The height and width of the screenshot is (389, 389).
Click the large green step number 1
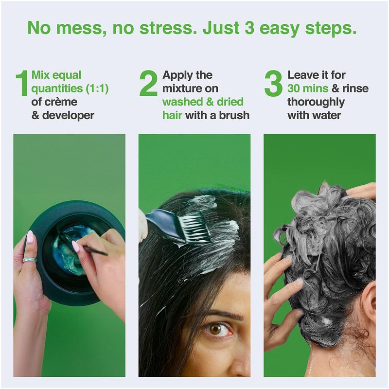pos(22,83)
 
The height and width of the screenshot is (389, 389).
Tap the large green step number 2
pos(148,83)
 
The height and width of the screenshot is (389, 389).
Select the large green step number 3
pos(273,83)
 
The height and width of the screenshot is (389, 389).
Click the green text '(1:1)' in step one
pos(97,88)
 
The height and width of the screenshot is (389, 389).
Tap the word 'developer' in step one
pos(68,116)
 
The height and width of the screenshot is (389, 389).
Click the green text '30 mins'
pos(308,88)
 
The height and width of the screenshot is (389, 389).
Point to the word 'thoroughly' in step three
pos(316,102)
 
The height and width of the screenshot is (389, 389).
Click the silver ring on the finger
pos(30,260)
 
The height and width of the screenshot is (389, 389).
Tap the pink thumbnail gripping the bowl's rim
pos(30,237)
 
